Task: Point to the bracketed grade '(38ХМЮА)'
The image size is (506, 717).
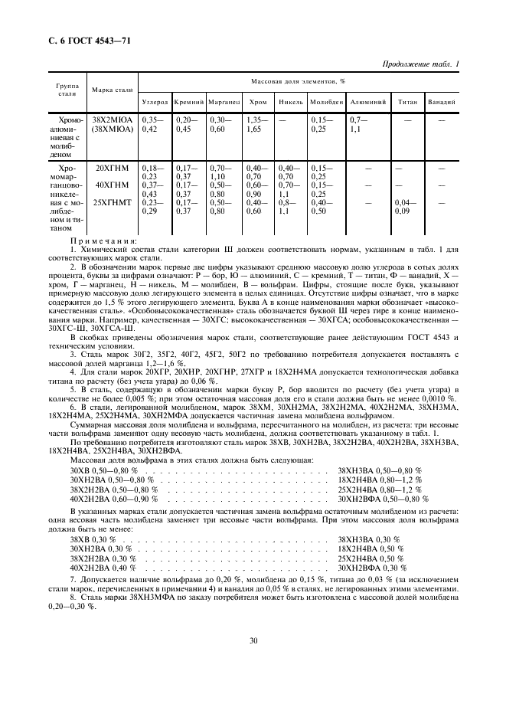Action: (113, 130)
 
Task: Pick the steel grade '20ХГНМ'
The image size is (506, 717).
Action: (113, 168)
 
